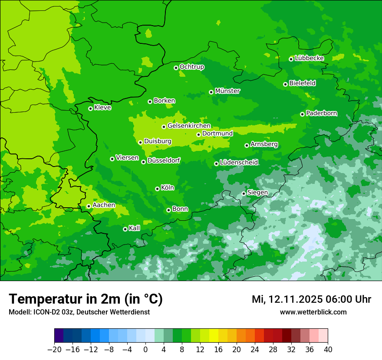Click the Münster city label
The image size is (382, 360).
click(227, 91)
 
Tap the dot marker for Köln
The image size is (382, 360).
click(157, 189)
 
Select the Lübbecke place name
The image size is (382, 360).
click(309, 58)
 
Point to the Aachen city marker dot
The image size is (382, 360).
click(89, 206)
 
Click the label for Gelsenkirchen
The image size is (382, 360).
click(189, 126)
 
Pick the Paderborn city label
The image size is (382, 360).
click(321, 113)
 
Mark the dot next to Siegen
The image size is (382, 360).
click(244, 193)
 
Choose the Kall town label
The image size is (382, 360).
click(135, 228)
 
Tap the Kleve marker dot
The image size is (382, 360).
click(90, 108)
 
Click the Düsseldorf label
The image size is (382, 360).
click(164, 160)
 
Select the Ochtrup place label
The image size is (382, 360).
click(192, 67)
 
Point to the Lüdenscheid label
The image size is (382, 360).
click(239, 163)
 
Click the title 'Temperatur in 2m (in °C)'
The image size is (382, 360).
click(86, 299)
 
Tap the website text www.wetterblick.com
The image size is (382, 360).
click(313, 312)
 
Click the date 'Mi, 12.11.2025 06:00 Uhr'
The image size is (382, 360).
click(311, 299)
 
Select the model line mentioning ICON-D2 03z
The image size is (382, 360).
click(79, 312)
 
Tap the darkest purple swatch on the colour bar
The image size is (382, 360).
click(59, 336)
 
